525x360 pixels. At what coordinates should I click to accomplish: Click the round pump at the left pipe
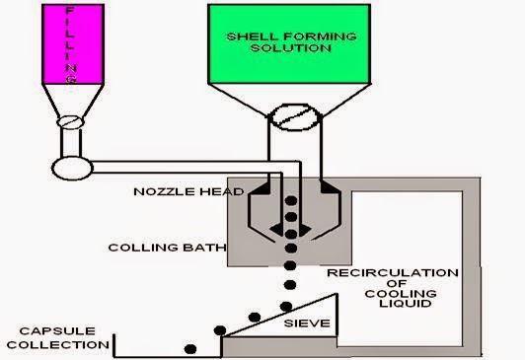[72, 165]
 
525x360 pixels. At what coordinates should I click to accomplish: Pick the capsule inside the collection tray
[190, 347]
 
